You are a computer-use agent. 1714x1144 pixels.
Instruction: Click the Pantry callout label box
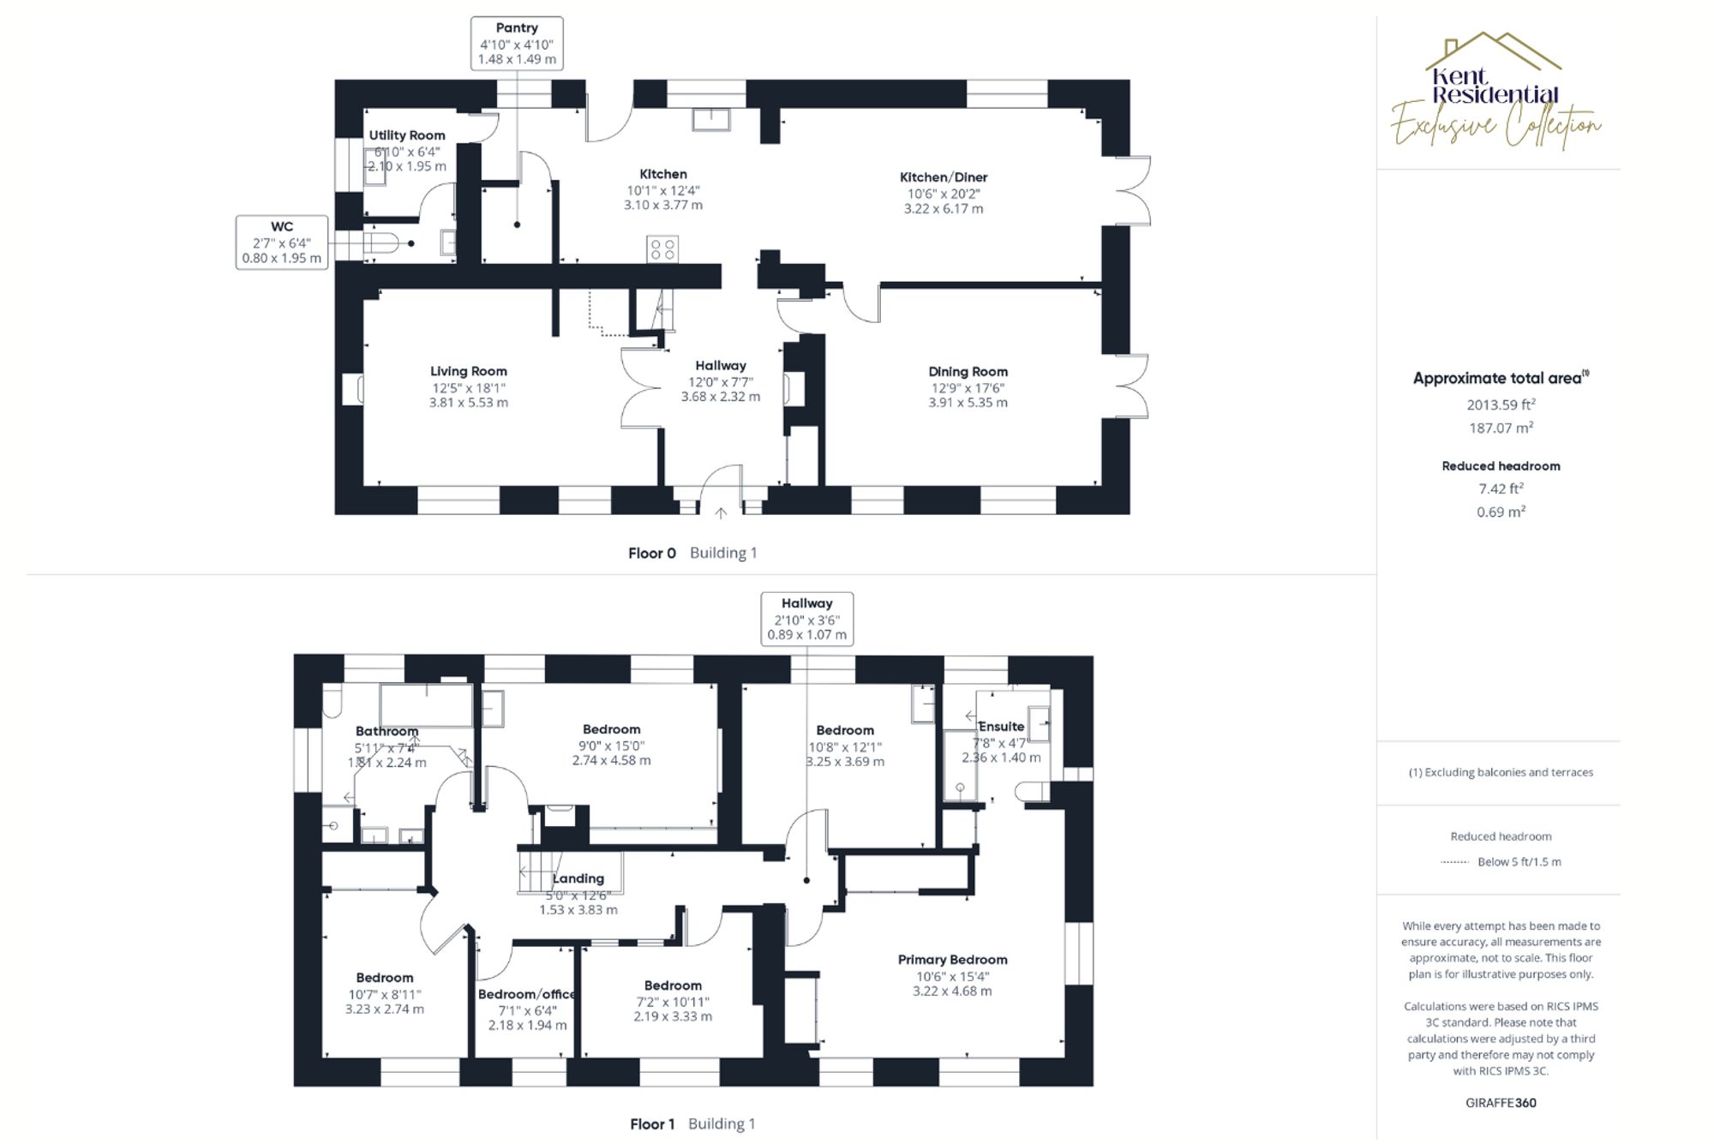click(x=517, y=44)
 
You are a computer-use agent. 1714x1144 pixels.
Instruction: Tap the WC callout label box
click(x=282, y=243)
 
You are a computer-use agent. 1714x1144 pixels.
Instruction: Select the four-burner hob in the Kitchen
click(x=662, y=249)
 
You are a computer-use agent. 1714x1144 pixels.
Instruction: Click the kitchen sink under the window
click(x=711, y=119)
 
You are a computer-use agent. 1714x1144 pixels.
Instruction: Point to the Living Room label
click(x=469, y=371)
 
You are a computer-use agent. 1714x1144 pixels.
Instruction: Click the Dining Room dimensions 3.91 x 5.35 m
click(x=968, y=403)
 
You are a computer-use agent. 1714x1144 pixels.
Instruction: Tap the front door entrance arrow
click(x=721, y=513)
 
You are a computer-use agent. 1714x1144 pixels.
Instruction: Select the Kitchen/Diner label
click(x=944, y=177)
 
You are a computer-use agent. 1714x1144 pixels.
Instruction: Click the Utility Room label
click(x=407, y=135)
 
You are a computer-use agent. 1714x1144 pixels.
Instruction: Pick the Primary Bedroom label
click(x=952, y=960)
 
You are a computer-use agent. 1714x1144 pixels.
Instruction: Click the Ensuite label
click(x=1001, y=727)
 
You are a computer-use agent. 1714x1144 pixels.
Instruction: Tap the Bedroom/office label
click(x=526, y=994)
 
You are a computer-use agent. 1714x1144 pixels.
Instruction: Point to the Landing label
click(x=578, y=878)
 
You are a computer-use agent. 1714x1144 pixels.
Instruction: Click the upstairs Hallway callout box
click(x=806, y=619)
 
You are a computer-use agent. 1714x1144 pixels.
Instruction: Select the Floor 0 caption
click(x=651, y=554)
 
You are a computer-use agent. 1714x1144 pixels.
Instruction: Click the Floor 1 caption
click(x=652, y=1124)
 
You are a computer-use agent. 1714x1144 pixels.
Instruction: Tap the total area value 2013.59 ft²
click(x=1501, y=404)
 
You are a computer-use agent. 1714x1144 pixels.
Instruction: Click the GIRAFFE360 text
click(x=1501, y=1103)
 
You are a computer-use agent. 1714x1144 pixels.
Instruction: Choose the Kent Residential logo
click(x=1495, y=90)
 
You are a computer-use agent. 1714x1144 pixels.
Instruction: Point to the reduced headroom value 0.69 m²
click(x=1501, y=512)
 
